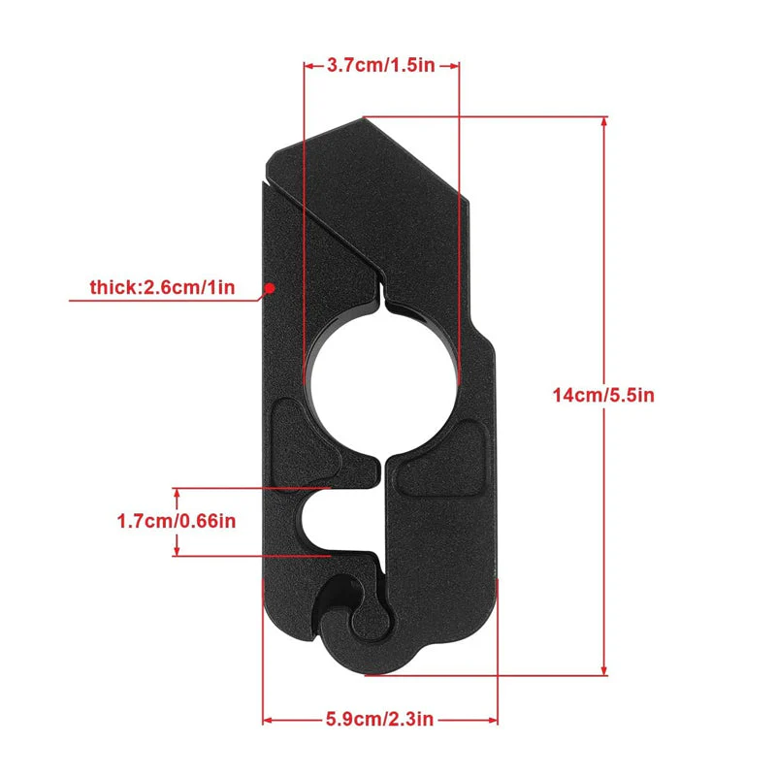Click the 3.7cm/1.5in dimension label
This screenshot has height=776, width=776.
[x=380, y=65]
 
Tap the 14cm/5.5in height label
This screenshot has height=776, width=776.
[x=603, y=395]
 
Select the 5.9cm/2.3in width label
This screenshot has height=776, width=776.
[x=379, y=719]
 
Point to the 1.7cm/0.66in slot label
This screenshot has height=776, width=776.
[x=177, y=521]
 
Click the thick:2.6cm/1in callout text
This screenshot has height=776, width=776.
[x=162, y=287]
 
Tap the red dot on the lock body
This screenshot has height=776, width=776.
[x=270, y=287]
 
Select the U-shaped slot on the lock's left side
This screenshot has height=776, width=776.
[x=327, y=521]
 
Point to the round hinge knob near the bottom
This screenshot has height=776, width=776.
[x=371, y=616]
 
